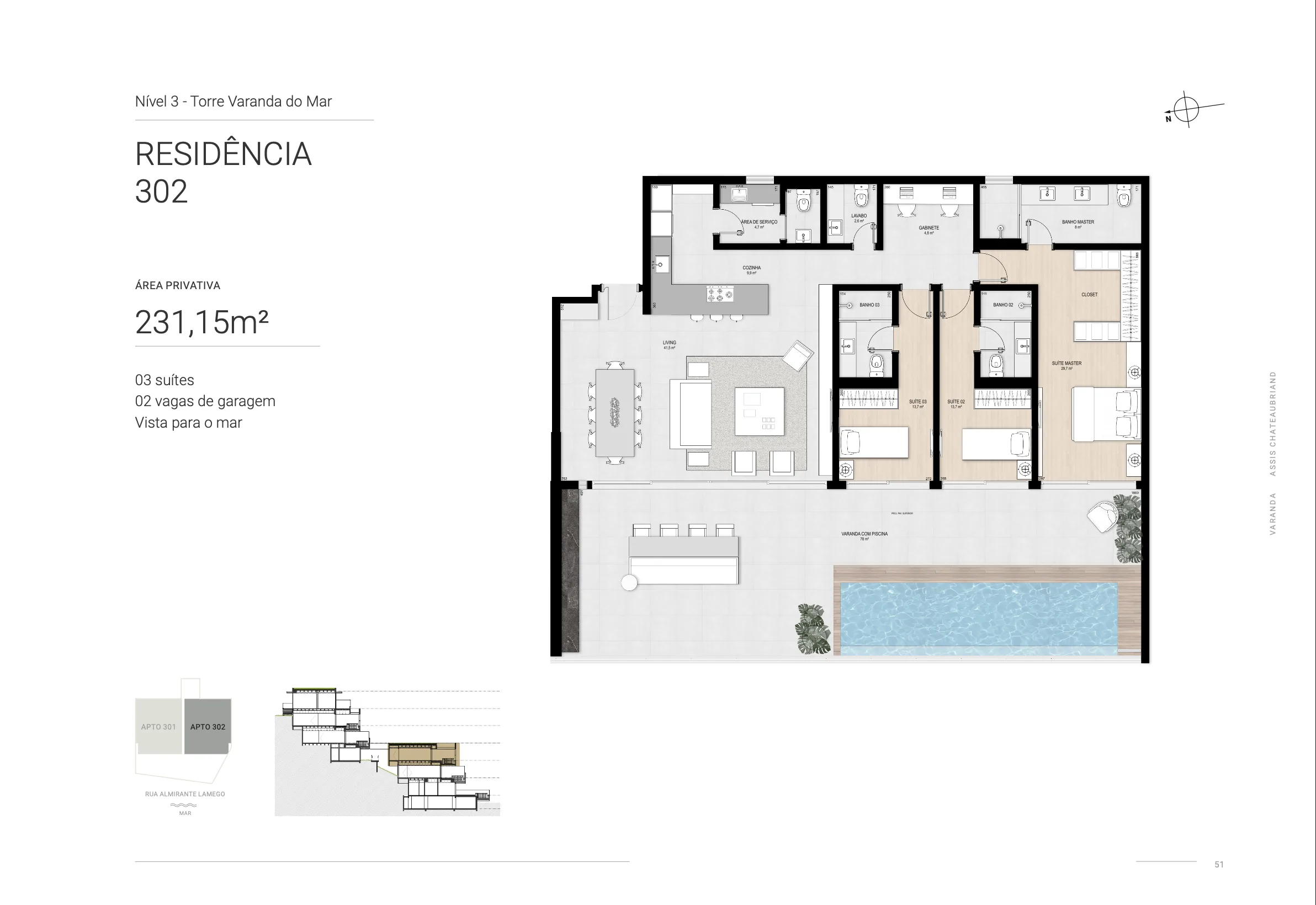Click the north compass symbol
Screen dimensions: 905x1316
pos(1186,109)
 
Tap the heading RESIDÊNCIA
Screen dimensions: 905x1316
pos(223,154)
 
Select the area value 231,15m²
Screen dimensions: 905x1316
pos(201,322)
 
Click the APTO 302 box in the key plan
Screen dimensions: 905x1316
pos(208,726)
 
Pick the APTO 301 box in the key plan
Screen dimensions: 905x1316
pos(159,726)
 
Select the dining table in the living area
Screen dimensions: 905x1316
pos(615,413)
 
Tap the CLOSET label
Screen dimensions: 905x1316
pos(1089,294)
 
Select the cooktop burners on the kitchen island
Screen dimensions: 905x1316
pos(720,294)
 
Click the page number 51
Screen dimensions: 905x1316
pos(1219,865)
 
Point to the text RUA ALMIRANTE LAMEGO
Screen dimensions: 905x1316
pos(185,794)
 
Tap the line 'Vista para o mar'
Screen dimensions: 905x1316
pos(188,423)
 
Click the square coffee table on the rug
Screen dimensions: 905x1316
pos(760,411)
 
